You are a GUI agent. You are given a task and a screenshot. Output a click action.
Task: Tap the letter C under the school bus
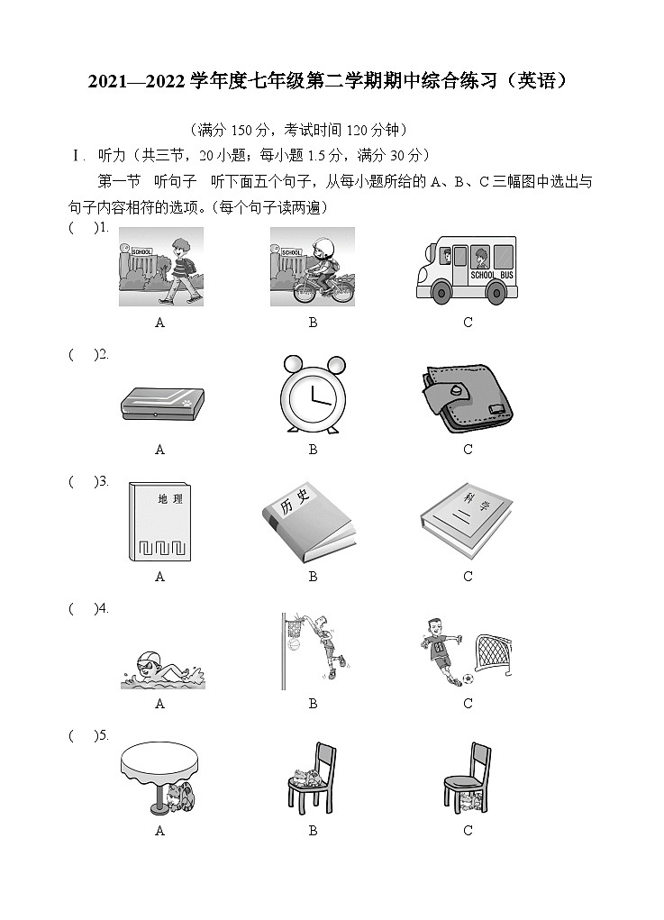coord(468,323)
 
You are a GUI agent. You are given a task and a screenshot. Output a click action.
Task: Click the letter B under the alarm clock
coord(313,450)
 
